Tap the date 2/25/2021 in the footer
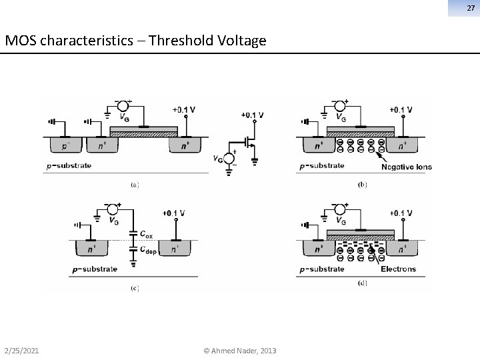click(x=20, y=351)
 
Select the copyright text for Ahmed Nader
click(x=240, y=351)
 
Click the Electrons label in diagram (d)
click(x=398, y=269)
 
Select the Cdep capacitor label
click(x=147, y=250)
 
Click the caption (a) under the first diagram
click(x=134, y=185)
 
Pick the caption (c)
click(x=134, y=288)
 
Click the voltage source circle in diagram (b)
click(x=339, y=105)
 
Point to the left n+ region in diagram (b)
click(x=313, y=145)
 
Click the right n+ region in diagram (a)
click(x=184, y=145)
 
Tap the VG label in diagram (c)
click(x=115, y=221)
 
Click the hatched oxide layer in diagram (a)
click(x=143, y=133)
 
